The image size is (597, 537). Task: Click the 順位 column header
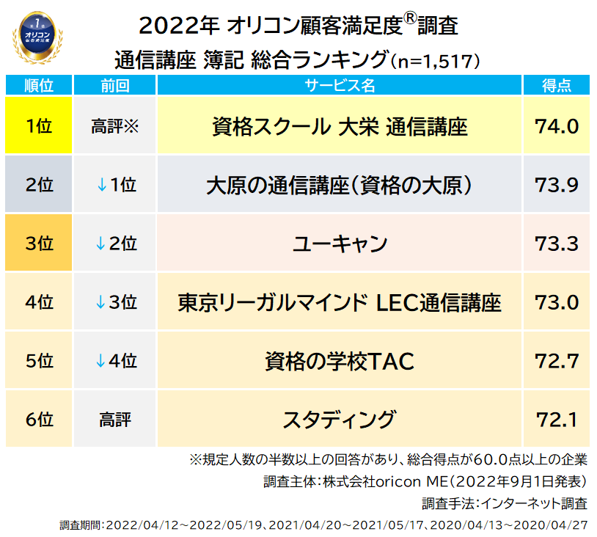tap(39, 85)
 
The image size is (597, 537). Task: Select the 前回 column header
tap(114, 85)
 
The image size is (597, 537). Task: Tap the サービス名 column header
tap(340, 85)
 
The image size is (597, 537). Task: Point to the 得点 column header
tap(557, 85)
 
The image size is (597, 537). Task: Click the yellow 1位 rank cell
tap(39, 126)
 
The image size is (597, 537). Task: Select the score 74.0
tap(557, 126)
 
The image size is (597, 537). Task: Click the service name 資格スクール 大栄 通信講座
tap(340, 126)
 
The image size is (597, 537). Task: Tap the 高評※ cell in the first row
tap(114, 126)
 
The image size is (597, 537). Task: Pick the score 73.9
tap(557, 185)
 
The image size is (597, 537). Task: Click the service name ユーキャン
tap(340, 244)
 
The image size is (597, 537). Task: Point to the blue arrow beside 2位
tap(102, 244)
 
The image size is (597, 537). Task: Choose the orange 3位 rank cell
tap(39, 244)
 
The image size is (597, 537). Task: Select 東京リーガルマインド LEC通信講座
tap(340, 302)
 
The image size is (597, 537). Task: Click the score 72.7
tap(557, 361)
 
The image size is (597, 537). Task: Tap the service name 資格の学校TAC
tap(340, 361)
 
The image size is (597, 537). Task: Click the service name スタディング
tap(340, 420)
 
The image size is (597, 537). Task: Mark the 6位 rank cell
tap(39, 420)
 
